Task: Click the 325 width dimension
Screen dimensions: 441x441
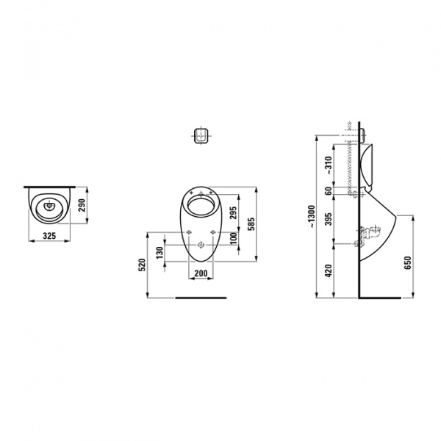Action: (50, 236)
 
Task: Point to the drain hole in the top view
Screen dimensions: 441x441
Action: (50, 207)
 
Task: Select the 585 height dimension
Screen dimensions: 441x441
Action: (251, 223)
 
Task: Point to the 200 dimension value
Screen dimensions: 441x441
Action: (199, 273)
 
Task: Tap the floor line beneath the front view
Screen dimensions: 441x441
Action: (200, 298)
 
